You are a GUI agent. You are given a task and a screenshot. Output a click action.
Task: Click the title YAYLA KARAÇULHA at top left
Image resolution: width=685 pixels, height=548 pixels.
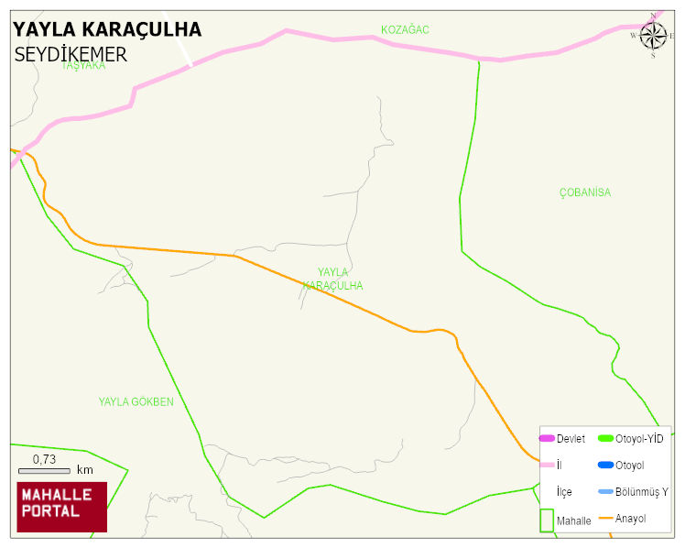tap(107, 30)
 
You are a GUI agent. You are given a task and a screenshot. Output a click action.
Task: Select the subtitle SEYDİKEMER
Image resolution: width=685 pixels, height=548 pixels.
tap(71, 55)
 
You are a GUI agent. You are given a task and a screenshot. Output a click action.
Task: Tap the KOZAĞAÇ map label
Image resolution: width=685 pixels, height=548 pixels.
tap(405, 30)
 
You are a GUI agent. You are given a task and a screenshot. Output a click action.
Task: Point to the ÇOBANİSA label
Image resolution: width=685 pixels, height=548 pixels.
tap(584, 192)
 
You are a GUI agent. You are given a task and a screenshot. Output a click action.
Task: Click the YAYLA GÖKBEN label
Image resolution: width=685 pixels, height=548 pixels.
tap(136, 401)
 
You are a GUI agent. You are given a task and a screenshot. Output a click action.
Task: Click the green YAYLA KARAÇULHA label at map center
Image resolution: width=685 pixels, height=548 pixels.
tap(333, 279)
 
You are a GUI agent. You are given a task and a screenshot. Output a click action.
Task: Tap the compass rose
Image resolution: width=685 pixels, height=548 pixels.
tap(653, 36)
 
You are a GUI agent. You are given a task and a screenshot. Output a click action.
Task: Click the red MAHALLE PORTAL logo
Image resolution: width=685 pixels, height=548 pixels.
tap(62, 507)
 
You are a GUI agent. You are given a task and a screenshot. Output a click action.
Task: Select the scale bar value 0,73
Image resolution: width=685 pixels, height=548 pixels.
tap(45, 459)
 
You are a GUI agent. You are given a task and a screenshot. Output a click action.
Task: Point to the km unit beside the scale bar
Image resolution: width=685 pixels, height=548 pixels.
tap(85, 470)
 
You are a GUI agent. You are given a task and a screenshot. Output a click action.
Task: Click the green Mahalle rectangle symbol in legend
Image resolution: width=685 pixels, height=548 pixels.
tap(547, 520)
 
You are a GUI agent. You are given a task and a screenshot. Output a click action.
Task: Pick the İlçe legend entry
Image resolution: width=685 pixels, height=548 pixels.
tap(564, 492)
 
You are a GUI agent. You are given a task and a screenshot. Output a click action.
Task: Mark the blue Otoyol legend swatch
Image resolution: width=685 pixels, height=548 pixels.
tap(604, 466)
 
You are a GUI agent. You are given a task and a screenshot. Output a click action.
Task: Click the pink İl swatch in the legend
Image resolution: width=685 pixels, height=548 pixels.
tap(547, 466)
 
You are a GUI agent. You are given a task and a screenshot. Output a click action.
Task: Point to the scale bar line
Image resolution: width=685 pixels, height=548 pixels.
tap(44, 470)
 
